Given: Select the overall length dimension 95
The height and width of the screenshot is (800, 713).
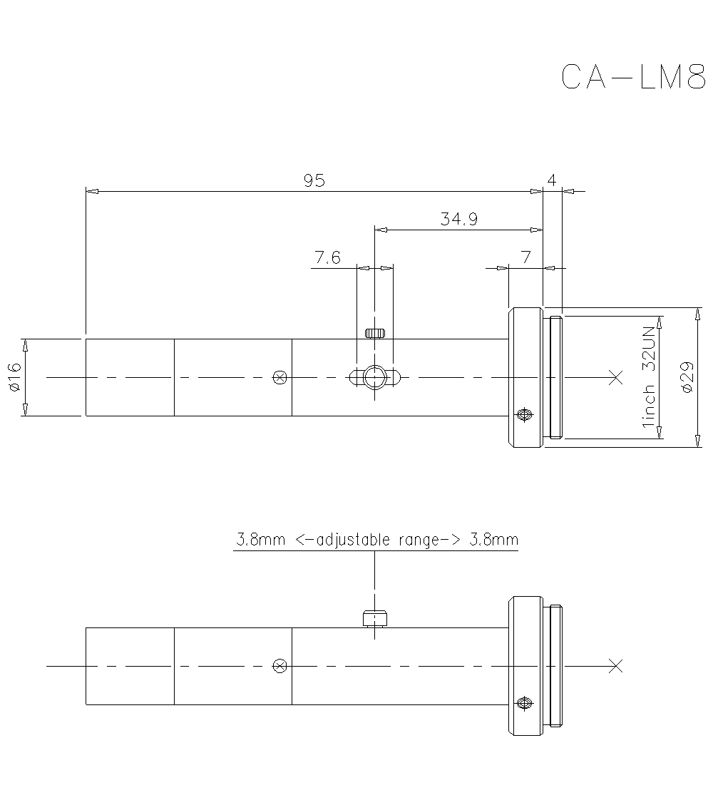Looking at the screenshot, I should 314,181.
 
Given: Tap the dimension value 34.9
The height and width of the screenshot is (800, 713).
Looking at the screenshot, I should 458,220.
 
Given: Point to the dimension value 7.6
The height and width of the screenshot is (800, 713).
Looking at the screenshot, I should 327,258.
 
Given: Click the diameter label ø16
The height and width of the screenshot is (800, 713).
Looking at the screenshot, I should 15,376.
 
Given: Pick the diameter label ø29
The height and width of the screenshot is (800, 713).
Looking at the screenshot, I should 687,376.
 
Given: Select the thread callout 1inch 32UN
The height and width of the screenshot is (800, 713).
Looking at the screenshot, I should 648,376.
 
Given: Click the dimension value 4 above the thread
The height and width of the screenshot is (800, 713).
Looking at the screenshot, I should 551,181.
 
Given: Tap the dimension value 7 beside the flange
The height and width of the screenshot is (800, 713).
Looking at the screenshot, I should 525,258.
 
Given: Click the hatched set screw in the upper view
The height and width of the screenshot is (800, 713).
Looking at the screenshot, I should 375,333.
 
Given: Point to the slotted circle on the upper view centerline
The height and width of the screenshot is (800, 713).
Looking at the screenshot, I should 374,376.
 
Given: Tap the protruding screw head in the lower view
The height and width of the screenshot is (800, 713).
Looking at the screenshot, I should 374,617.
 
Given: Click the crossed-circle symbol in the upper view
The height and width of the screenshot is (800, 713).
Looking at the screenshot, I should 280,376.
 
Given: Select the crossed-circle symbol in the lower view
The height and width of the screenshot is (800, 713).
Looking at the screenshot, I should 280,666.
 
